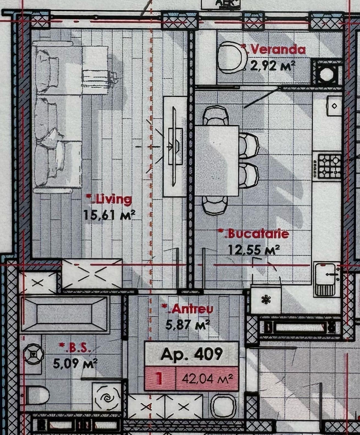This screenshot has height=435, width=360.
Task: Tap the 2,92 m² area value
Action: tap(272, 66)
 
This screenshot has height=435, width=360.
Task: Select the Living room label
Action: tap(109, 199)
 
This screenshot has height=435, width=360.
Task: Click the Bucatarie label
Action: tap(254, 234)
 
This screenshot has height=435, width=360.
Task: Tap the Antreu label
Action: tap(188, 309)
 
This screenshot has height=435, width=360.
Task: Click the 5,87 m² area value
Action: tap(188, 325)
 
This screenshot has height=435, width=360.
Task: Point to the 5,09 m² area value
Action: tap(75, 363)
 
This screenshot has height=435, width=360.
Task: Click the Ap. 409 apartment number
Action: tap(191, 354)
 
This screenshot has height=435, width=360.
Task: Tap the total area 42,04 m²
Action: tap(207, 378)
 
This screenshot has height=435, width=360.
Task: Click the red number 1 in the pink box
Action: tap(160, 378)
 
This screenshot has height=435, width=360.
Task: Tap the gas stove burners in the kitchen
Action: tap(329, 166)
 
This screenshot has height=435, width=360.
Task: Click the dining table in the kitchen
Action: tap(217, 161)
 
